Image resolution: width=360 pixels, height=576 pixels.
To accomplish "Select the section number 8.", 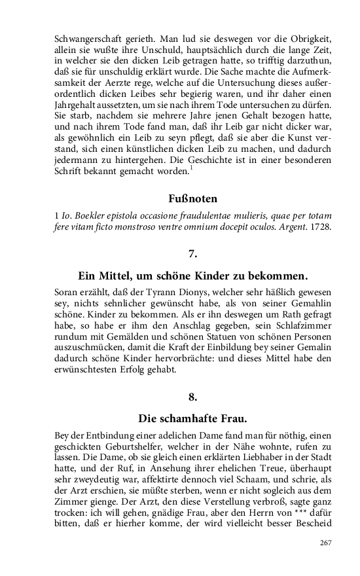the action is pyautogui.click(x=192, y=396).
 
